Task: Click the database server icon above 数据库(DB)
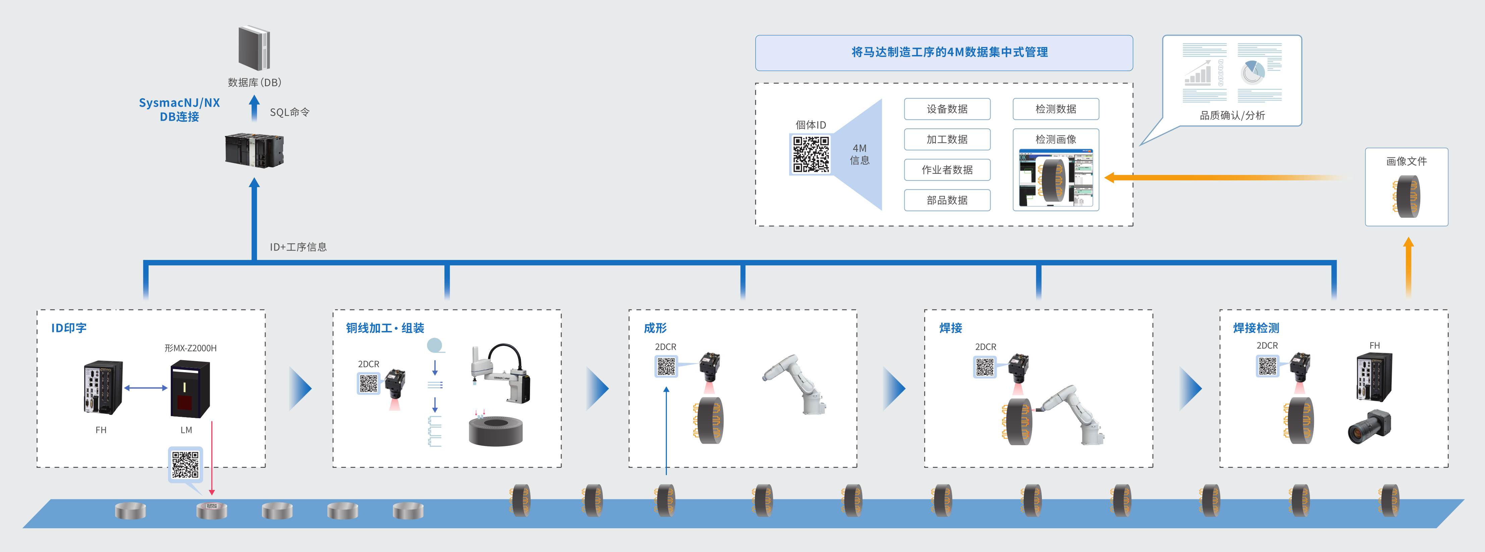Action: click(254, 48)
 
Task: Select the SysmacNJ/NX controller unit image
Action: click(254, 150)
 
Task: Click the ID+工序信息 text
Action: click(298, 246)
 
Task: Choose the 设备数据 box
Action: click(947, 109)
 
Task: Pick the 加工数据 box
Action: click(947, 140)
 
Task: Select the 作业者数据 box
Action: click(947, 170)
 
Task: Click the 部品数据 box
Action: click(947, 200)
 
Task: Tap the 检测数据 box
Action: click(1056, 109)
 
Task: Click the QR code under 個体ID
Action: click(810, 154)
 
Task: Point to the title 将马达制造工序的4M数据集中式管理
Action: click(949, 52)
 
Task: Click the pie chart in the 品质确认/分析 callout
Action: click(1252, 72)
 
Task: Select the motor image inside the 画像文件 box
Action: click(1407, 196)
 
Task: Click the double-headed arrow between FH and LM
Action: click(146, 388)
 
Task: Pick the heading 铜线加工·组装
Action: click(385, 328)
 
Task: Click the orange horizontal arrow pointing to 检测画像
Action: click(1228, 177)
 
